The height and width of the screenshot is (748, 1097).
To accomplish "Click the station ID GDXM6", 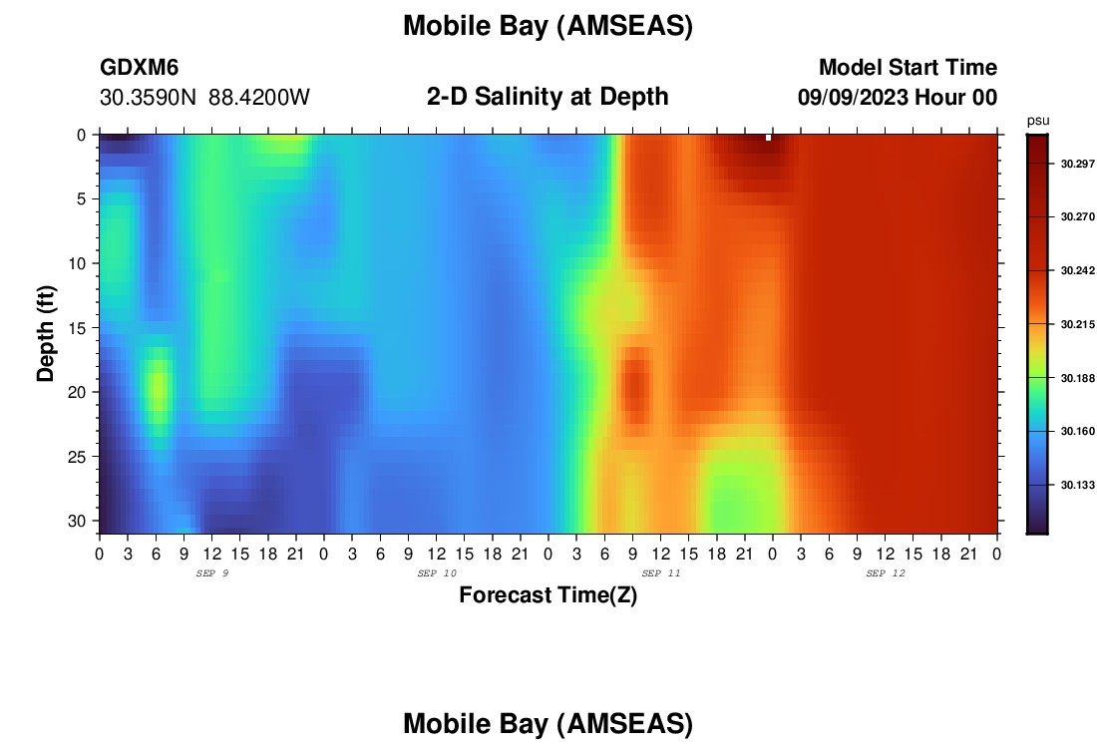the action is pyautogui.click(x=140, y=67).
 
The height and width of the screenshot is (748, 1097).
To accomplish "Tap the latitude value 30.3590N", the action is pyautogui.click(x=149, y=98).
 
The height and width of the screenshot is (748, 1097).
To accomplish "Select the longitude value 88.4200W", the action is pyautogui.click(x=259, y=98).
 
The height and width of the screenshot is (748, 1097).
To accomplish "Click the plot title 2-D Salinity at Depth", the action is pyautogui.click(x=548, y=97).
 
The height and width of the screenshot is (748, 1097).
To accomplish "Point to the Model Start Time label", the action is pyautogui.click(x=909, y=67).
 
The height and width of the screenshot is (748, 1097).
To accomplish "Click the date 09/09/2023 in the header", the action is pyautogui.click(x=854, y=98).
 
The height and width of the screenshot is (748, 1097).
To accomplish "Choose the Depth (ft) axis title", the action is pyautogui.click(x=46, y=334).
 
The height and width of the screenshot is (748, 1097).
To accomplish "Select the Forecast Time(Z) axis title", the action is pyautogui.click(x=548, y=595).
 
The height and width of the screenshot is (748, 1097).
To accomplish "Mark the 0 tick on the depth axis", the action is pyautogui.click(x=81, y=135).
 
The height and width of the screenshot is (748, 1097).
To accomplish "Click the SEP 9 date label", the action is pyautogui.click(x=212, y=573).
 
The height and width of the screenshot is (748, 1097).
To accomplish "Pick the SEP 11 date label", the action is pyautogui.click(x=661, y=573).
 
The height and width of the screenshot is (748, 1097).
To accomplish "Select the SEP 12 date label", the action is pyautogui.click(x=886, y=573).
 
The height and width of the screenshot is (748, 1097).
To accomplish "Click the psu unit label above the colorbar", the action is pyautogui.click(x=1038, y=121).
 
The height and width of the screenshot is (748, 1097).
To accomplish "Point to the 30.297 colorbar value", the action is pyautogui.click(x=1077, y=164).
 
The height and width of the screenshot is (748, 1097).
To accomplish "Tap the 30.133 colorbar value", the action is pyautogui.click(x=1077, y=485).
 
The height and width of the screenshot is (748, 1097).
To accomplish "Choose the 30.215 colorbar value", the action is pyautogui.click(x=1077, y=325).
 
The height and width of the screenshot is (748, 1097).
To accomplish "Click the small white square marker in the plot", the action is pyautogui.click(x=768, y=138).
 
